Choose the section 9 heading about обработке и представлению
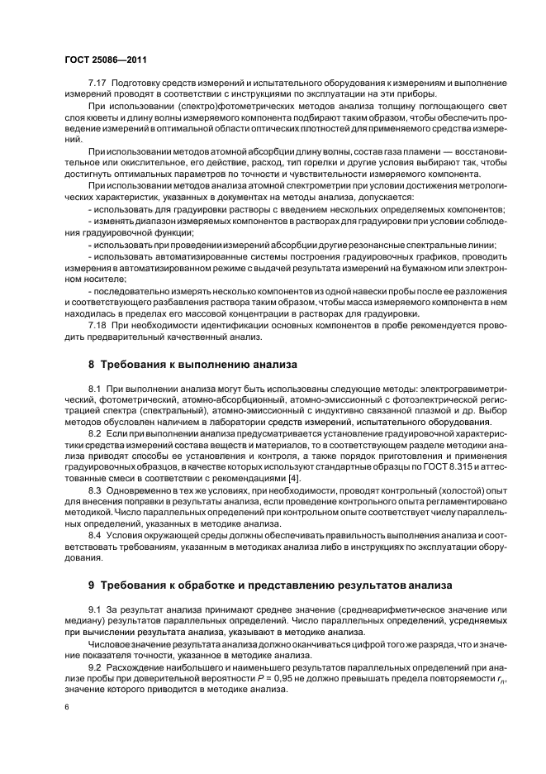tap(270, 585)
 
